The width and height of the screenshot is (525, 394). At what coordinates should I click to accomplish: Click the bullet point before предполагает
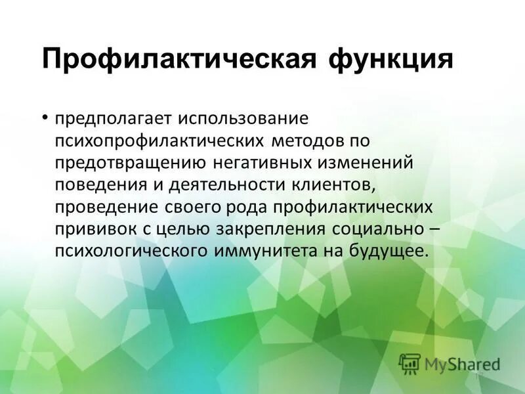45,118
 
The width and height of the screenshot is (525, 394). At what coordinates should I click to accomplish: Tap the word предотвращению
132,163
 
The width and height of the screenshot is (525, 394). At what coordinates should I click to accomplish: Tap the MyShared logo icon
409,362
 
